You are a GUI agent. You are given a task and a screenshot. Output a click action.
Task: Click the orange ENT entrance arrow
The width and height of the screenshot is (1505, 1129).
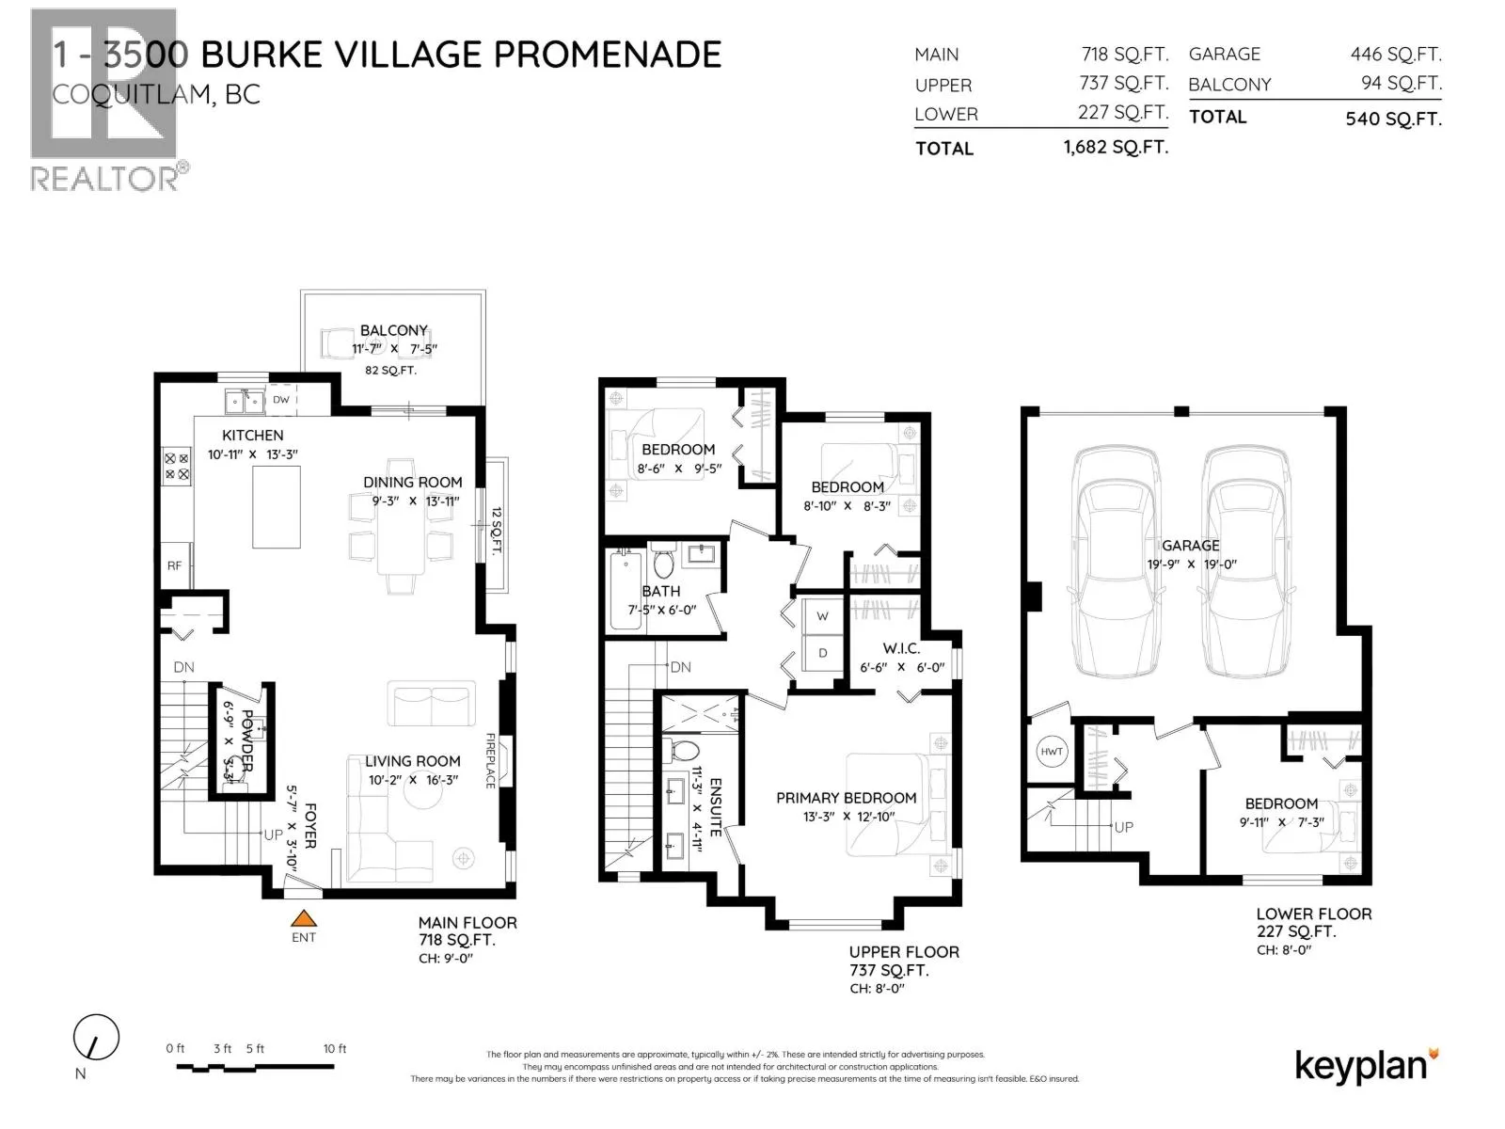click(303, 919)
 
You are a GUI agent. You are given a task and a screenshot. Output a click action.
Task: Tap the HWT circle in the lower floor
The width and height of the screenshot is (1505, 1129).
click(1052, 751)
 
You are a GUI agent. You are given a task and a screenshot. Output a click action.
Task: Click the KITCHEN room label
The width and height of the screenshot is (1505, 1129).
click(252, 436)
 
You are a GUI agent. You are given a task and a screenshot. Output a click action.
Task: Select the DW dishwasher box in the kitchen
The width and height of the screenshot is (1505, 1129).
click(281, 400)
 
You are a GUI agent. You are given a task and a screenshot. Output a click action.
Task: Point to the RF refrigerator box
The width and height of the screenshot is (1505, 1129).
click(175, 565)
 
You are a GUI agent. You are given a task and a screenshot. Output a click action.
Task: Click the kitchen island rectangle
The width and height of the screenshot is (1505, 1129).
click(276, 506)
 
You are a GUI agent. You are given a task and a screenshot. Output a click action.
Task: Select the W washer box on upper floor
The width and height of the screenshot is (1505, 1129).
click(822, 616)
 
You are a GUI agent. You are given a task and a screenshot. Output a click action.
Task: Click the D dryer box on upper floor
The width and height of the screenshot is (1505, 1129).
click(822, 653)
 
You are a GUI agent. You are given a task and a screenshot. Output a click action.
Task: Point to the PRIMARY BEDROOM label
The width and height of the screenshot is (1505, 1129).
click(846, 798)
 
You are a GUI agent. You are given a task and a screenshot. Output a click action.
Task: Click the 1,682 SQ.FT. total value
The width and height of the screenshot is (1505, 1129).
click(1116, 148)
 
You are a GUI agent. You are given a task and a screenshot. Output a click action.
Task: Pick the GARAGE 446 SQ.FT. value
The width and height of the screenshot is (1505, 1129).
click(1395, 55)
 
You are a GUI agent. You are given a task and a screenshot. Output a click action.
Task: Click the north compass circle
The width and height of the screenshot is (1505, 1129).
click(96, 1039)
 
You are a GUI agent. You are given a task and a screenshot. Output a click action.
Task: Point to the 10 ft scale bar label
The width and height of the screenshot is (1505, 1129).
click(335, 1048)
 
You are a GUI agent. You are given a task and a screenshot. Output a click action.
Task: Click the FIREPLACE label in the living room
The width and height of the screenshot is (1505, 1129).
click(491, 760)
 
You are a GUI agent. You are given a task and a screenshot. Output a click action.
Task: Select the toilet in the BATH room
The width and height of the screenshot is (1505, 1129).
click(663, 564)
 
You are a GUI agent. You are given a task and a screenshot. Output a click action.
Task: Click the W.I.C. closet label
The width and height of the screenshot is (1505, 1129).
click(901, 648)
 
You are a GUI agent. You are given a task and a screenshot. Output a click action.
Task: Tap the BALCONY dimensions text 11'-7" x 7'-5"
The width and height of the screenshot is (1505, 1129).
click(394, 349)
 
